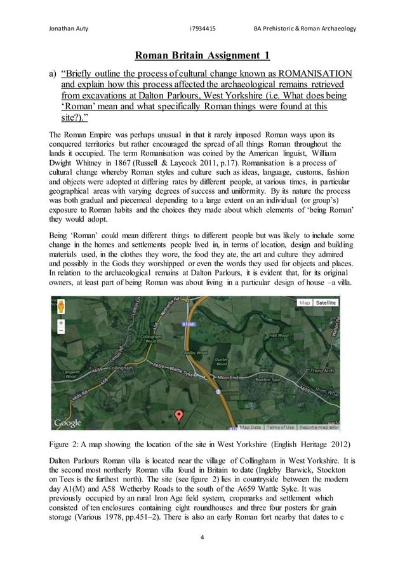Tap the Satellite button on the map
(x=328, y=303)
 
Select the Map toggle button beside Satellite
(x=305, y=303)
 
